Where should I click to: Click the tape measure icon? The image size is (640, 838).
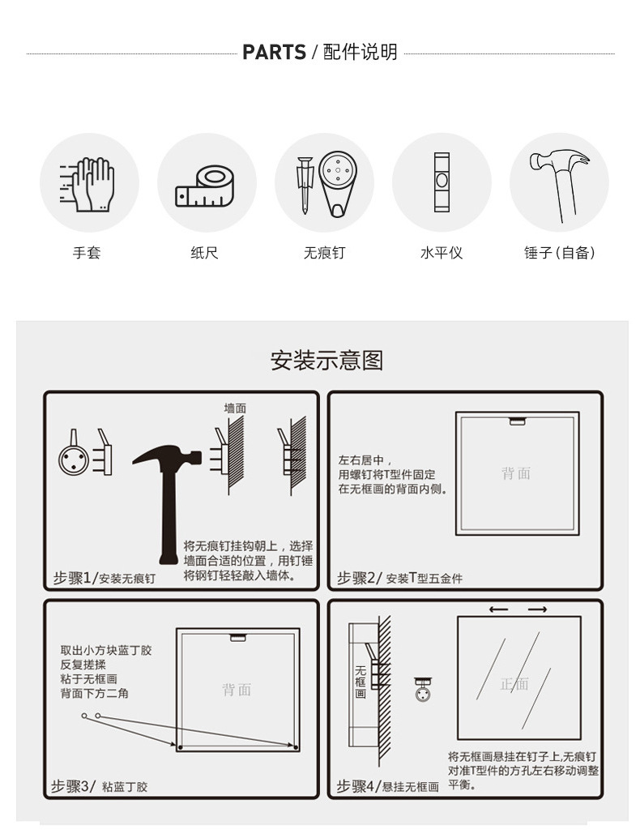pos(205,186)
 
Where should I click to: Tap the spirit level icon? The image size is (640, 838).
pos(442,182)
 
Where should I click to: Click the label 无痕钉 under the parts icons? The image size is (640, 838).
pos(324,252)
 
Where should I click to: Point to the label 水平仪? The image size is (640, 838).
pos(442,252)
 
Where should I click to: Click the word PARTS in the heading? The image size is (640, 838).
pos(274,53)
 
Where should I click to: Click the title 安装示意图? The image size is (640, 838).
pos(326,360)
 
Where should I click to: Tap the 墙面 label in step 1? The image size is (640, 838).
pos(235,408)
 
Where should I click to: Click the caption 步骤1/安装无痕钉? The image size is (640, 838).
pos(105,578)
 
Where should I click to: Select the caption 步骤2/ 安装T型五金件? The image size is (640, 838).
pos(399,578)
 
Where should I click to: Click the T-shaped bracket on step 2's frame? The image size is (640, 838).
pos(517,421)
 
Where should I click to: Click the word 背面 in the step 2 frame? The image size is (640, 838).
pos(516,473)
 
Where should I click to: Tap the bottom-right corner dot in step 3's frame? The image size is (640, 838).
pos(296,747)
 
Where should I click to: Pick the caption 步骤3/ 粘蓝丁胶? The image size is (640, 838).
pos(100,786)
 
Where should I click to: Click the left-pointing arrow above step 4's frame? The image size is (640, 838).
pos(498,609)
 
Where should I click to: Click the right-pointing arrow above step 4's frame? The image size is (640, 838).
pos(537,609)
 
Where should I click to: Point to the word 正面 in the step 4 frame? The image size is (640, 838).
pos(514,683)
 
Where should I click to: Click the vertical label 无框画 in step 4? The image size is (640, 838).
pos(361,682)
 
